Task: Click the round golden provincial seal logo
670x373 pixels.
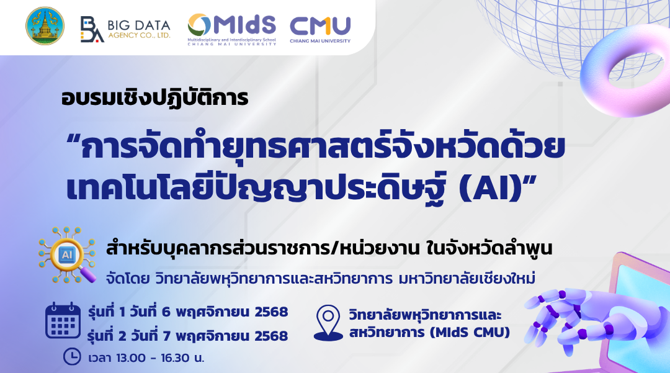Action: [45, 26]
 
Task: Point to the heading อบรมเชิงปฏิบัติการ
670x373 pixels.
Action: [155, 99]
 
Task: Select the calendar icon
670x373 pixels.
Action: [63, 322]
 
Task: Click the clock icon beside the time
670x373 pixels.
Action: [72, 357]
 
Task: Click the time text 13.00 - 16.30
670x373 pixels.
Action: [157, 357]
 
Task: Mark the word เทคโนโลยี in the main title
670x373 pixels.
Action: [133, 188]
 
